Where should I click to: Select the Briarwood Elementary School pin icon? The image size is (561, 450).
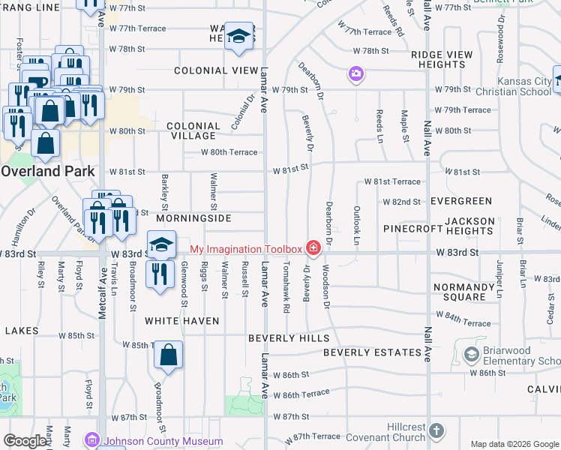point(472,353)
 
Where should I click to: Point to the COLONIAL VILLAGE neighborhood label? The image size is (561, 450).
point(193,131)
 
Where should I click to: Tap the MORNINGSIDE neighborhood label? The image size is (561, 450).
point(194,218)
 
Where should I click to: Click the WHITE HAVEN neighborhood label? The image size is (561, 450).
point(182,321)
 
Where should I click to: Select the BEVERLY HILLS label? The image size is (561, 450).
point(288,338)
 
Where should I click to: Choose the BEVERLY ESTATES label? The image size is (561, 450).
point(372,352)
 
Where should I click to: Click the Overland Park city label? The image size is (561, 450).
point(48,171)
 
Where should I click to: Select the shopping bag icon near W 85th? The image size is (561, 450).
point(169,355)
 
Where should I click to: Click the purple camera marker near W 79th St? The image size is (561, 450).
point(355,74)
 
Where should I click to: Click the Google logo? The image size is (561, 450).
point(25,441)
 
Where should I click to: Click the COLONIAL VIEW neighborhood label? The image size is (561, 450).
point(216,70)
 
